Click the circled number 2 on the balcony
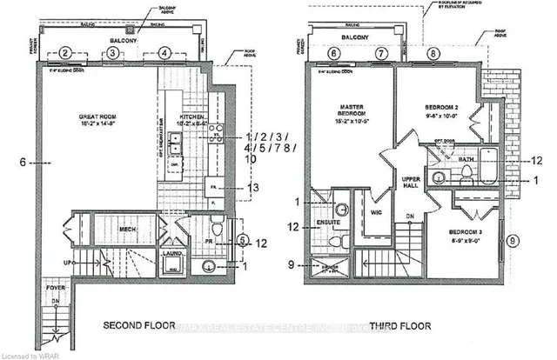click(x=65, y=53)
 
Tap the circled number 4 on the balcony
click(x=163, y=53)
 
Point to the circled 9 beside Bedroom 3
click(x=513, y=240)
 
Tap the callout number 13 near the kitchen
click(x=253, y=187)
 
